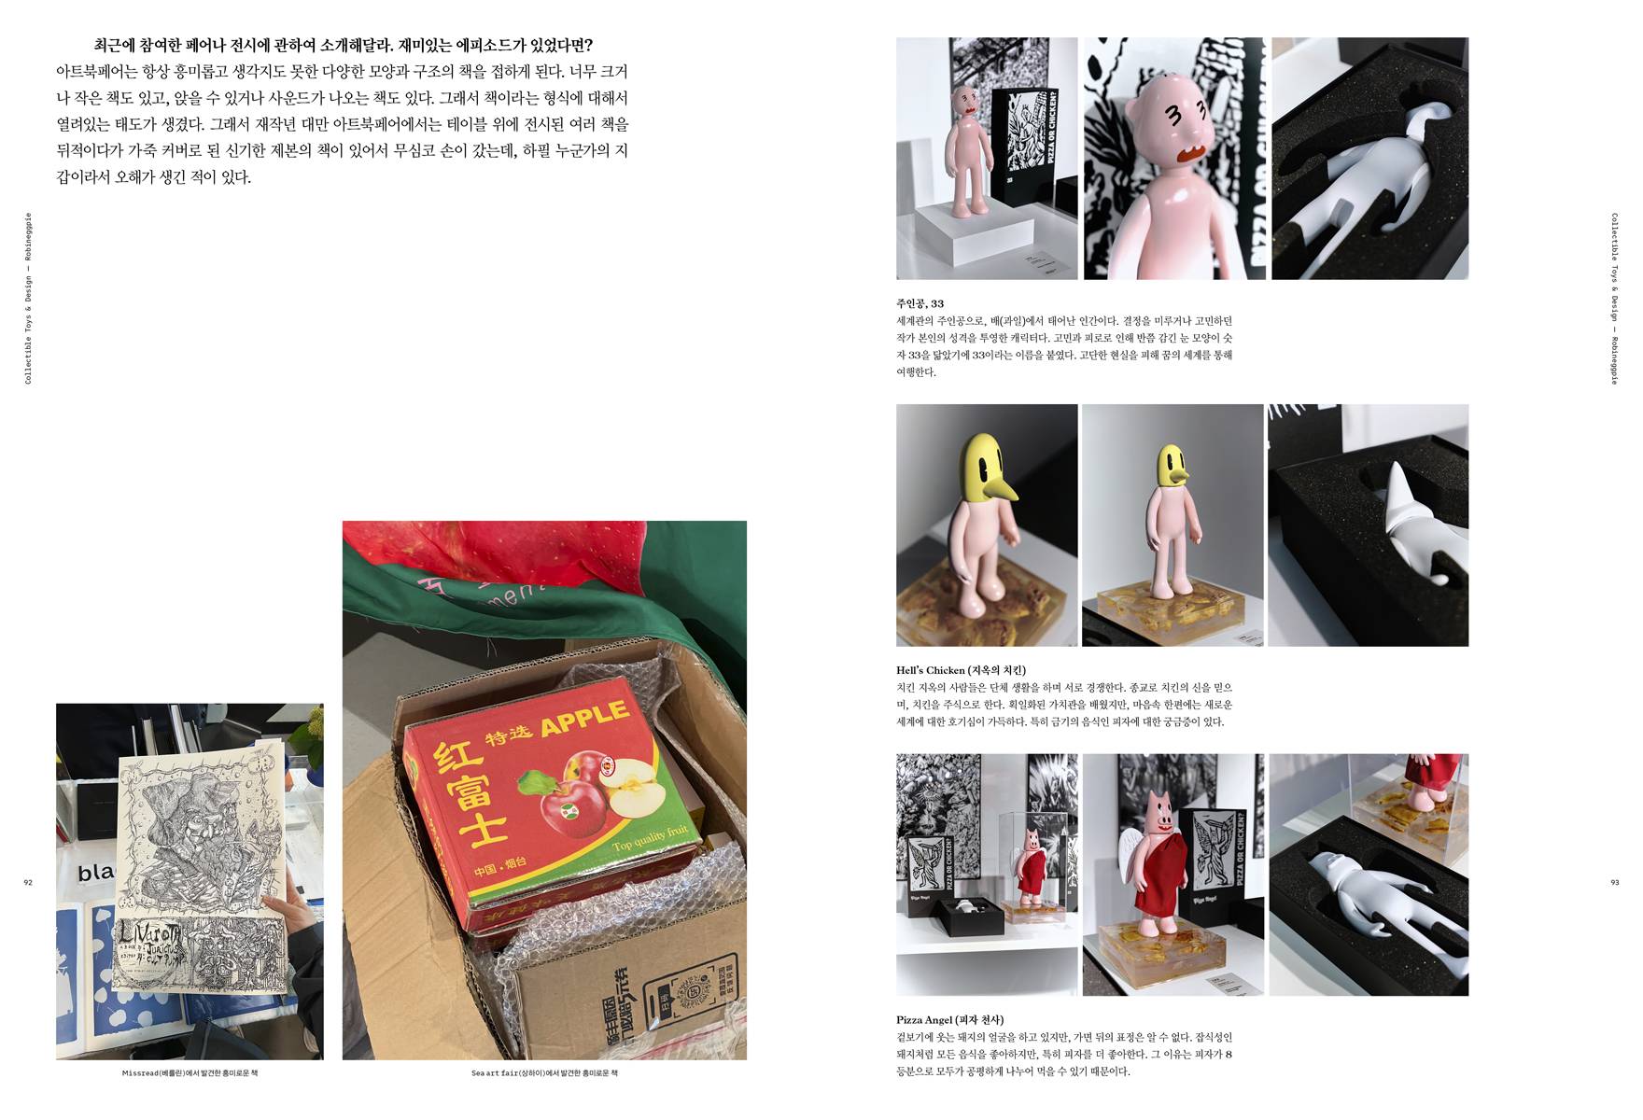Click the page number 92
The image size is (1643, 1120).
coord(28,882)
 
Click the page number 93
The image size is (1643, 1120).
coord(1614,882)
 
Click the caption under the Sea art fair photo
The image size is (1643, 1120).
coord(544,1073)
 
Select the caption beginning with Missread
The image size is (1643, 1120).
coord(190,1073)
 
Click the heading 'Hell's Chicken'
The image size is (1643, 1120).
coord(961,670)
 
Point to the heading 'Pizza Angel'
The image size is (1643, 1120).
coord(949,1020)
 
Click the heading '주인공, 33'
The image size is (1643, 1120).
coord(920,303)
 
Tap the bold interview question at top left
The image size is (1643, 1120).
coord(343,45)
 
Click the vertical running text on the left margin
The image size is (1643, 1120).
coord(28,299)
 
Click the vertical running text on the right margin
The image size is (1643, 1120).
coord(1614,299)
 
